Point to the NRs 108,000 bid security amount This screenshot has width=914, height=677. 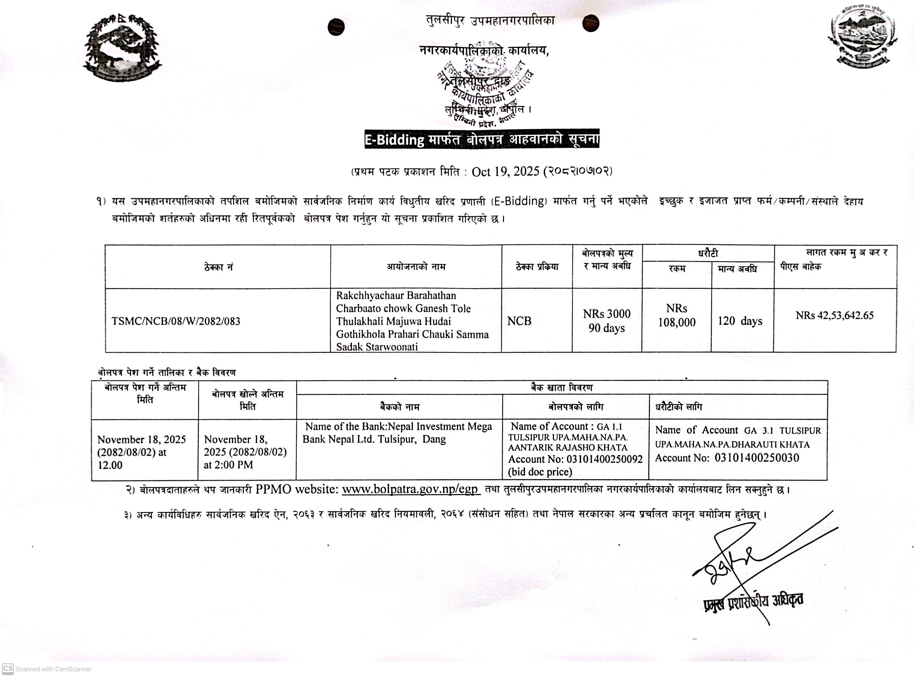(x=677, y=316)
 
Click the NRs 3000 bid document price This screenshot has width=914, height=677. (x=607, y=314)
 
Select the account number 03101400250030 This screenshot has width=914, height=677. (x=757, y=458)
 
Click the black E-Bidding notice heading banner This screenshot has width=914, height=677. (x=482, y=139)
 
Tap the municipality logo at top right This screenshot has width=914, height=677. (x=862, y=38)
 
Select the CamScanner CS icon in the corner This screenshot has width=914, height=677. (x=7, y=668)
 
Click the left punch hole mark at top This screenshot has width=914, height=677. (x=336, y=27)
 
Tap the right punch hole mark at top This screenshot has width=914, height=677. (x=590, y=23)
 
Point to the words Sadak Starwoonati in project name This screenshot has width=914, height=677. (x=377, y=347)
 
